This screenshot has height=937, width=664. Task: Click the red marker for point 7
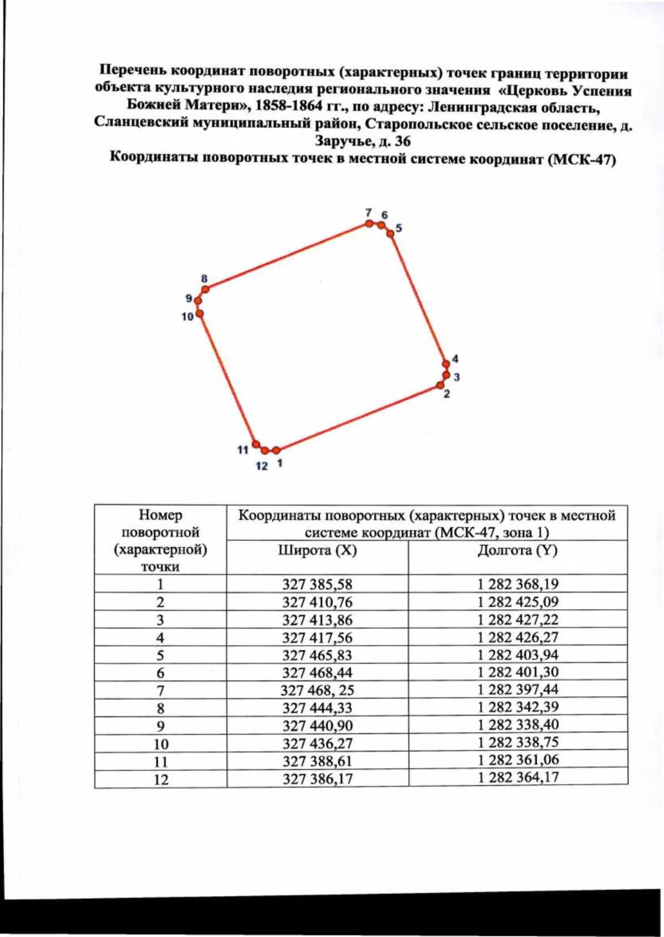click(369, 224)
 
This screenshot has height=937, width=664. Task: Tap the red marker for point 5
click(390, 234)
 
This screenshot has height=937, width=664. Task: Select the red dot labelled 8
click(205, 289)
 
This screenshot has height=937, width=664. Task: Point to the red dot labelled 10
click(200, 313)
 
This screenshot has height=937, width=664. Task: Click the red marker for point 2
click(441, 385)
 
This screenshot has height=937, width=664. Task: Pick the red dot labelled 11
click(256, 444)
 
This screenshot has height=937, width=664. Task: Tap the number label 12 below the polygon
click(261, 466)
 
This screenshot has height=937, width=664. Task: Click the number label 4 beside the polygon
click(455, 359)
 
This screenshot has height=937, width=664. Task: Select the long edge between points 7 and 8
click(287, 256)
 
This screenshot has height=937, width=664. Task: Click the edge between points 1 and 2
click(359, 418)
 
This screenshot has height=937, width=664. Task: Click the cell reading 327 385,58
click(317, 584)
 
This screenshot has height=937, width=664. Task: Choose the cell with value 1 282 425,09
click(518, 602)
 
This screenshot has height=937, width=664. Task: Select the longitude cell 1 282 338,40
click(518, 724)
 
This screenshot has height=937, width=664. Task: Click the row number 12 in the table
click(160, 779)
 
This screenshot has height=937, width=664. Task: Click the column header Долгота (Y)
click(518, 551)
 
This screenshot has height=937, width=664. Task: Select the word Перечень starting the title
click(133, 71)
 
